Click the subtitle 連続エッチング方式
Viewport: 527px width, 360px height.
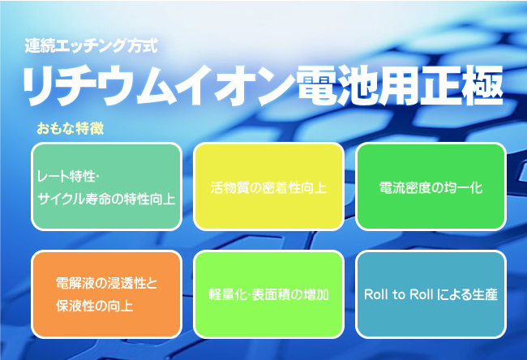click(x=91, y=45)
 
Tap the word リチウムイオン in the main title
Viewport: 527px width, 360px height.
click(x=158, y=86)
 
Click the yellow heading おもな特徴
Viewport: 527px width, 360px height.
click(x=71, y=128)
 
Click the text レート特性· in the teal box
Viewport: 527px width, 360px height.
click(x=67, y=177)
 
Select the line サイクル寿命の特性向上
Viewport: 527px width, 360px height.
click(x=106, y=199)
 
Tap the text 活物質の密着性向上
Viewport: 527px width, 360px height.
click(x=268, y=187)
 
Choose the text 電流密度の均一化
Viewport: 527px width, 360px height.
click(x=431, y=187)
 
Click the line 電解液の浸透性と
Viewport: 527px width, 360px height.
click(x=106, y=283)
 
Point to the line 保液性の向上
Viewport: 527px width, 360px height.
click(x=94, y=306)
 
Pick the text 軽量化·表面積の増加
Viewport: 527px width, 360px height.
click(x=268, y=294)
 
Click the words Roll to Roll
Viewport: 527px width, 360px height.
click(x=398, y=294)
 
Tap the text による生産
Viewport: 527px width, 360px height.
click(x=468, y=294)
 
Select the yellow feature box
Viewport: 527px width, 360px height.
click(x=268, y=186)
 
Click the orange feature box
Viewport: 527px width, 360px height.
click(x=106, y=294)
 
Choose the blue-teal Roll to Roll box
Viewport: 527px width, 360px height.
click(x=431, y=294)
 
